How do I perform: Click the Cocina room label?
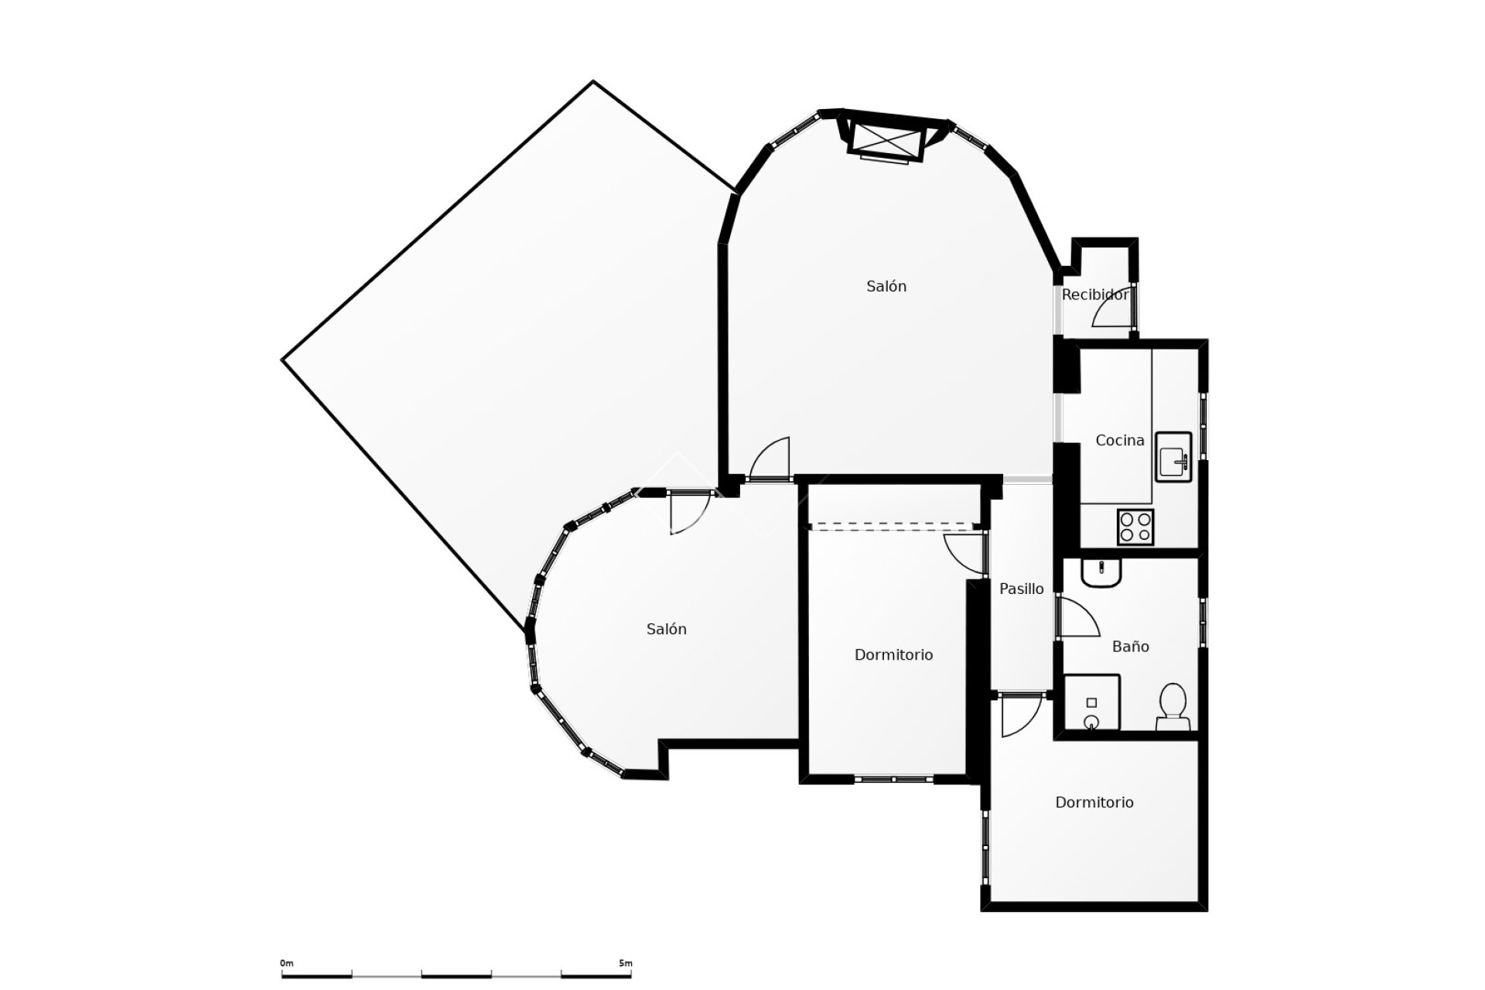tap(1119, 441)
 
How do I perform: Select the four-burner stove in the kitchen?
tap(1135, 527)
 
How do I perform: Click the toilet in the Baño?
tap(1173, 705)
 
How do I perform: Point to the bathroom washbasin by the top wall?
tap(1100, 573)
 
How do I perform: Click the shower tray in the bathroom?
tap(1092, 702)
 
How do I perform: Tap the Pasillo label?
tap(1021, 589)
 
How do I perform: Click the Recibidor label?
tap(1094, 295)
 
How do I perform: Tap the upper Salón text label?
tap(886, 286)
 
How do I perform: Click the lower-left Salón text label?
tap(666, 630)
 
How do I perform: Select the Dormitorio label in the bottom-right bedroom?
tap(1094, 803)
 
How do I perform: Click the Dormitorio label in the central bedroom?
tap(893, 655)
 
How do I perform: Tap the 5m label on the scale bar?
tap(625, 964)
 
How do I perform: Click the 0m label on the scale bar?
tap(286, 964)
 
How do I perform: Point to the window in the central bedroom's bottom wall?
tap(893, 780)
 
